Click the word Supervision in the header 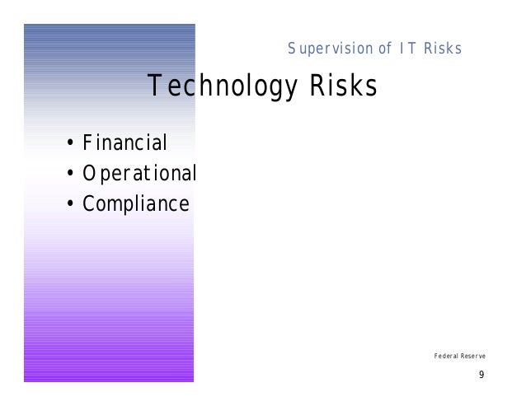pos(328,49)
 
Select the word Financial pos(124,144)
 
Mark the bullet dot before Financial pos(72,145)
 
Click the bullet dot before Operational pos(72,175)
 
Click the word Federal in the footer pos(445,356)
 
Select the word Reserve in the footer pos(473,356)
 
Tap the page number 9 pos(481,376)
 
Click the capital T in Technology pos(153,85)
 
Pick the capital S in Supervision pos(292,49)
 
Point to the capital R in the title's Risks pos(315,85)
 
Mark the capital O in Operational pos(87,174)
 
